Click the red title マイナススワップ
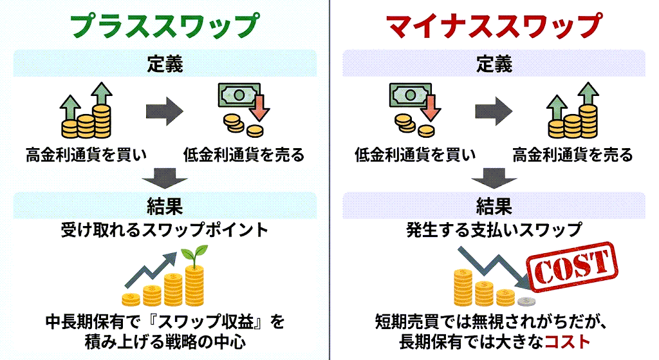pyautogui.click(x=494, y=25)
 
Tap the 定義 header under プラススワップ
pyautogui.click(x=165, y=64)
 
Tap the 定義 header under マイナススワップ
pyautogui.click(x=494, y=64)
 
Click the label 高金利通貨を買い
pyautogui.click(x=86, y=155)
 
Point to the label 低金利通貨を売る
pyautogui.click(x=243, y=155)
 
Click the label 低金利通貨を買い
pyautogui.click(x=415, y=155)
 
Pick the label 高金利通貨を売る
pyautogui.click(x=573, y=155)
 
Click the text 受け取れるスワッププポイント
pyautogui.click(x=164, y=230)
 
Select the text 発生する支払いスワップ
pyautogui.click(x=494, y=230)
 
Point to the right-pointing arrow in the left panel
pyautogui.click(x=165, y=110)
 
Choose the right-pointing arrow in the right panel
pyautogui.click(x=494, y=110)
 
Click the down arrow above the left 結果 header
pyautogui.click(x=165, y=177)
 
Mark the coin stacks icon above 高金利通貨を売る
pyautogui.click(x=571, y=113)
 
